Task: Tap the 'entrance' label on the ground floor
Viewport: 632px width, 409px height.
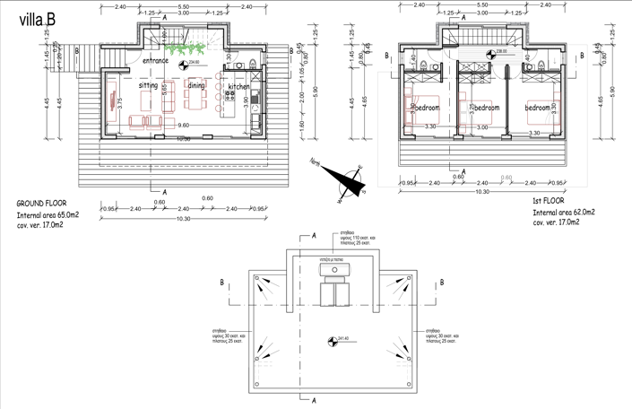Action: pyautogui.click(x=162, y=60)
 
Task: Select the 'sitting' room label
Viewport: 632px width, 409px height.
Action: pyautogui.click(x=149, y=86)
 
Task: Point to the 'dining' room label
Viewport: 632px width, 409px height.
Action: pyautogui.click(x=195, y=86)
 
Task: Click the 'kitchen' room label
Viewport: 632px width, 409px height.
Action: pyautogui.click(x=238, y=87)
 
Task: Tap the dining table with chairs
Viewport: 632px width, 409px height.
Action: pyautogui.click(x=197, y=105)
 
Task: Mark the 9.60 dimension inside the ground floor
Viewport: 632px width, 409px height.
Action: pyautogui.click(x=183, y=126)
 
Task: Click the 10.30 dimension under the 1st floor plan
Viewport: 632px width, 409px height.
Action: pyautogui.click(x=481, y=192)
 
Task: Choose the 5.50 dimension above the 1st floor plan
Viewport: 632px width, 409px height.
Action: pyautogui.click(x=481, y=5)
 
